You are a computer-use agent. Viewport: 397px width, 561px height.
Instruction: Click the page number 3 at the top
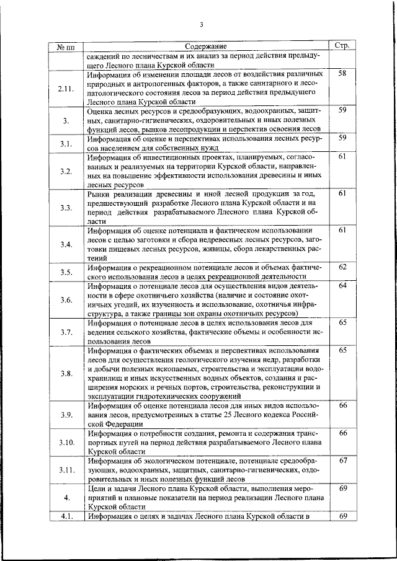coord(201,25)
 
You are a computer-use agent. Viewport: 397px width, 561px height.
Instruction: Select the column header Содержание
coord(205,46)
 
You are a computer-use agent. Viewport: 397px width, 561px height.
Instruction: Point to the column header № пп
coord(66,46)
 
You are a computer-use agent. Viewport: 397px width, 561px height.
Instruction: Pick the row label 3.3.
coord(66,207)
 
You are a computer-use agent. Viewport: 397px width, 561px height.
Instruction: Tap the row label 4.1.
coord(66,516)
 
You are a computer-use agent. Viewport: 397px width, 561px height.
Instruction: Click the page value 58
coord(342,74)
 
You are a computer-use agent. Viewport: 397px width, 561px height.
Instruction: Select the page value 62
coord(342,267)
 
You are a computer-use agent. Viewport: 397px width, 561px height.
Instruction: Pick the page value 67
coord(342,461)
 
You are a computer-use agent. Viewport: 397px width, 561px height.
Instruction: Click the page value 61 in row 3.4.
coord(342,231)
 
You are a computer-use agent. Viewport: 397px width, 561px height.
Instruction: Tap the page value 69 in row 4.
coord(342,489)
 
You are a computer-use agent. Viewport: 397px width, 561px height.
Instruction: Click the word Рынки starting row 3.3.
coord(99,194)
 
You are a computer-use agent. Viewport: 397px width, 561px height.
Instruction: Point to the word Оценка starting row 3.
coord(101,110)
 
